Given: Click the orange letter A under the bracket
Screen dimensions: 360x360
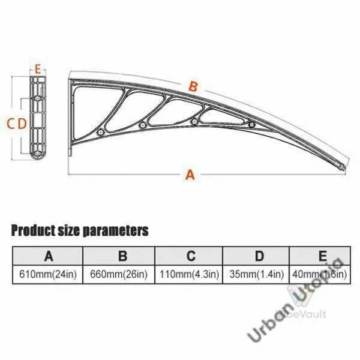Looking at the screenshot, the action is (x=190, y=175).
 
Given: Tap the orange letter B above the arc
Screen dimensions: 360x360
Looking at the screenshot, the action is (x=193, y=87).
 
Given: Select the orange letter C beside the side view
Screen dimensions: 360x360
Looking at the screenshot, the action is (x=11, y=124).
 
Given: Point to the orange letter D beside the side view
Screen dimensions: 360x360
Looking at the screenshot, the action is (x=22, y=124).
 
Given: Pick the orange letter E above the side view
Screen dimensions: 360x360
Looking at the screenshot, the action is (x=38, y=69).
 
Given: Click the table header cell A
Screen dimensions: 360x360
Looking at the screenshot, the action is (x=48, y=256).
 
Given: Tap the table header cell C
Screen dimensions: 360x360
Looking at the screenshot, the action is (x=189, y=256).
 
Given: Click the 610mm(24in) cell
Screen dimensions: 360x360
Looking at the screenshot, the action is (x=48, y=274).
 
